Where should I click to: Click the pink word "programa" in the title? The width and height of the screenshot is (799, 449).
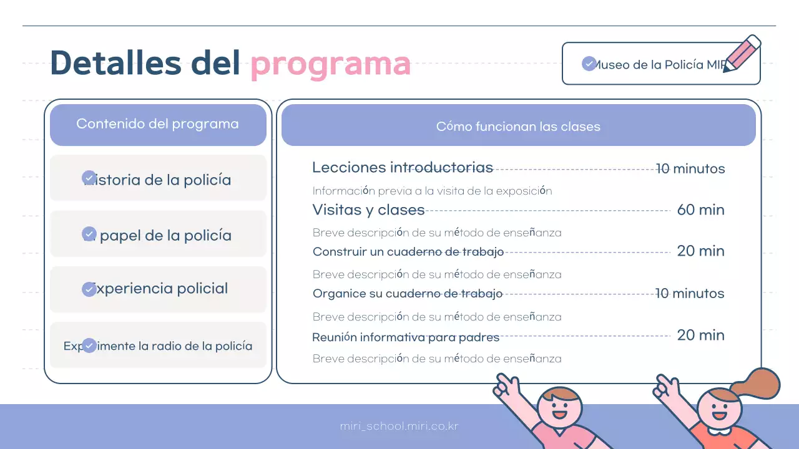[330, 63]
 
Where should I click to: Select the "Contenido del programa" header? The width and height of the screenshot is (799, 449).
[157, 124]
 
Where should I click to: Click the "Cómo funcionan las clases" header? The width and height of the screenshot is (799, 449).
[518, 127]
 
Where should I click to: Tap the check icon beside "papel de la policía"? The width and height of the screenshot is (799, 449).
[89, 234]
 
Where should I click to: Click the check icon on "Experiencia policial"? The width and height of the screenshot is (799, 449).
[89, 289]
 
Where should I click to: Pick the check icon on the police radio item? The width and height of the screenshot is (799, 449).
[89, 345]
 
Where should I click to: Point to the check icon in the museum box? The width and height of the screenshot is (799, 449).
[589, 64]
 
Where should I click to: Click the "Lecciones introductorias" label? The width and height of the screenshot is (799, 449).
[402, 168]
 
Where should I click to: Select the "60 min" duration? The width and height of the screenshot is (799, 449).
[700, 210]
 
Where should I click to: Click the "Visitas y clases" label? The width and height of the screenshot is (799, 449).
[368, 210]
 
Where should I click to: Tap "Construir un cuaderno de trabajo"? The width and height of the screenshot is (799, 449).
[408, 252]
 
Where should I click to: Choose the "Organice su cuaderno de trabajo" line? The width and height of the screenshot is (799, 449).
[407, 294]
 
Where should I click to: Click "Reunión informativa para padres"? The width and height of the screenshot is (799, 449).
[406, 337]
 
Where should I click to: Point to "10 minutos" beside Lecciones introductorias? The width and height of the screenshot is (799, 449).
[690, 168]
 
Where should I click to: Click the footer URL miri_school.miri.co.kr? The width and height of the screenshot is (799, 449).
[399, 427]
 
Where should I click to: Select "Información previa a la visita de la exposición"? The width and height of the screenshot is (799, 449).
[432, 191]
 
